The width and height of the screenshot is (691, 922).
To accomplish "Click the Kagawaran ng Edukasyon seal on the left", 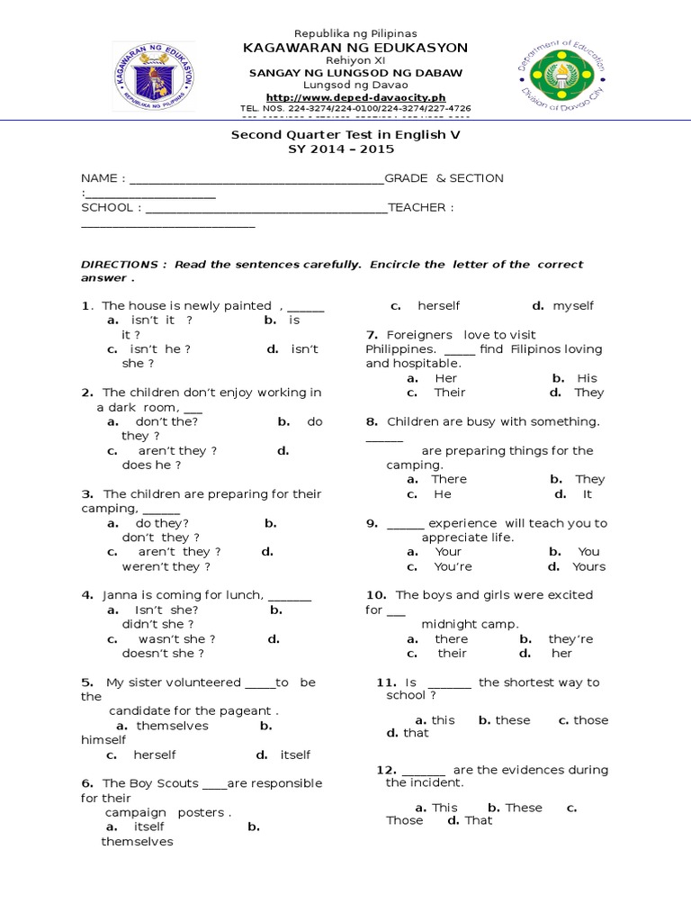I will point(151,78).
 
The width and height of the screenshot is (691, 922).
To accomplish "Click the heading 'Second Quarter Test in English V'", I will point(339,135).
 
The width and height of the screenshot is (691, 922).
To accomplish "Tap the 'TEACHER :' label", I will point(420,208).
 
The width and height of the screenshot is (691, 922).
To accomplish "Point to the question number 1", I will point(85,306).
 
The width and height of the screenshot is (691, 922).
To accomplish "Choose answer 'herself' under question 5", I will point(155,755).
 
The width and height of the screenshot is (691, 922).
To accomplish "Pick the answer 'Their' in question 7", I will point(450,393).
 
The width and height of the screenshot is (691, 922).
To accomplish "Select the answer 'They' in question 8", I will point(590,479).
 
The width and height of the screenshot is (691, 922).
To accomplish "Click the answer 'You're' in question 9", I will point(453,566).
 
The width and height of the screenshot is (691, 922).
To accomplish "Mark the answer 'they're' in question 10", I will point(571,639).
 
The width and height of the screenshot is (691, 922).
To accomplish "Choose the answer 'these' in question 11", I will point(512,720).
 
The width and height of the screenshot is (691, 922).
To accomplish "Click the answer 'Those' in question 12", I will point(404,821).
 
